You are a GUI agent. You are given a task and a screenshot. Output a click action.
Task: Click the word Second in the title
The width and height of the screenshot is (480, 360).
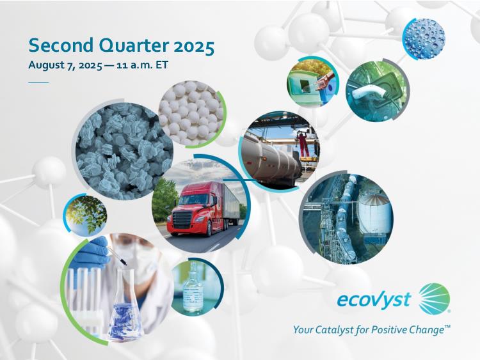click(61, 45)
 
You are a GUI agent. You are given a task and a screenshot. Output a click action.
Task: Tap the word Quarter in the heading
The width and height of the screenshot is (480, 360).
click(133, 46)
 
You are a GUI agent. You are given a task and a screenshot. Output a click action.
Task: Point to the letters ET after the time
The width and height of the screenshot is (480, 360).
click(162, 65)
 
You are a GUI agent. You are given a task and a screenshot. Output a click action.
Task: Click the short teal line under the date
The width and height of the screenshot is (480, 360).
click(38, 82)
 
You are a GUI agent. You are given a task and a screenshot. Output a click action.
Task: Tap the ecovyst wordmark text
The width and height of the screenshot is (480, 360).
click(374, 299)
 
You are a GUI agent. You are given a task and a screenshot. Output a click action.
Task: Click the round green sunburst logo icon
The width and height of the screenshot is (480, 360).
click(435, 299)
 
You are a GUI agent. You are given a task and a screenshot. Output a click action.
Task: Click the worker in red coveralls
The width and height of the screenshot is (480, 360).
click(303, 143)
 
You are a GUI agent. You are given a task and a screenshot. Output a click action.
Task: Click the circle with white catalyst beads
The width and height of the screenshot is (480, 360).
click(191, 113)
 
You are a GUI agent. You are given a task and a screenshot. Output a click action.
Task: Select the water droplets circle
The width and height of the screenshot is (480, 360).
click(424, 38)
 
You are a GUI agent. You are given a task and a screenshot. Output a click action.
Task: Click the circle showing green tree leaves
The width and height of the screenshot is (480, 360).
click(85, 215)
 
